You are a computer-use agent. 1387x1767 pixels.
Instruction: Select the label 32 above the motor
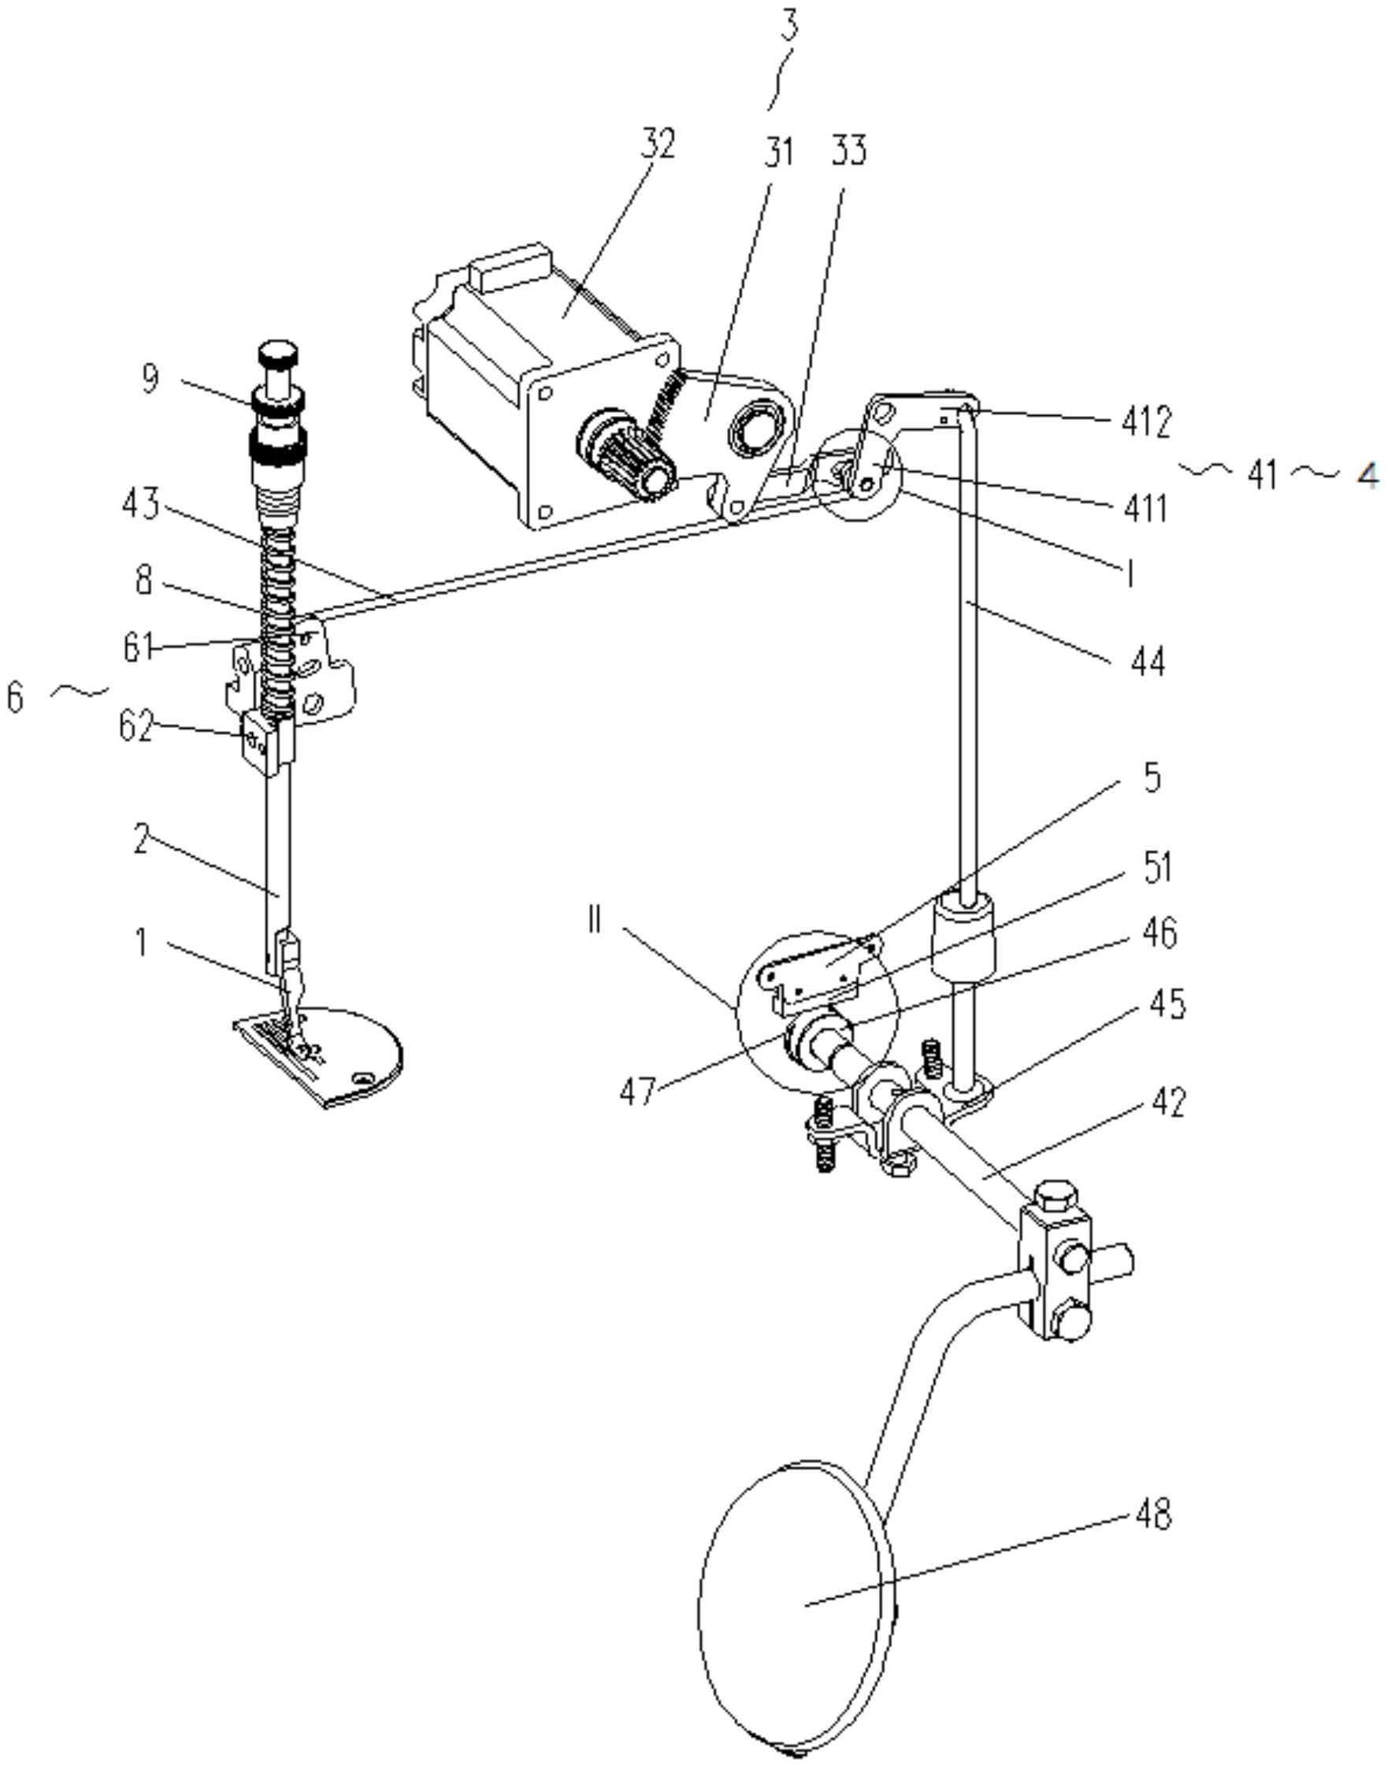(656, 143)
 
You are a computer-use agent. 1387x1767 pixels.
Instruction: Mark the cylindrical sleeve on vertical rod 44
(962, 934)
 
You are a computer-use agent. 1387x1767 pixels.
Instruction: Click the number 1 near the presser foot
(139, 943)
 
